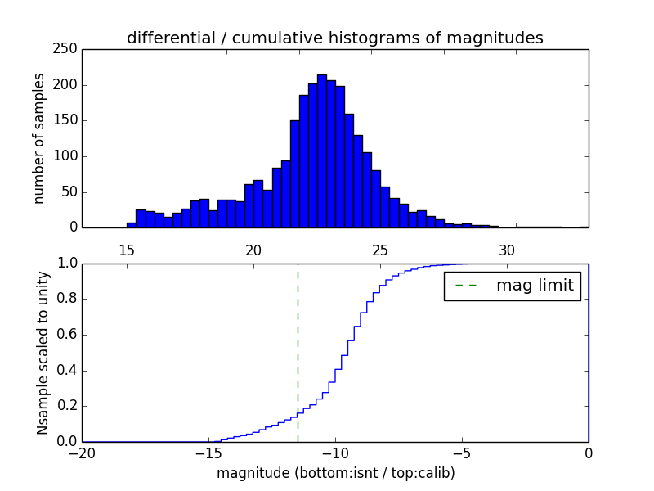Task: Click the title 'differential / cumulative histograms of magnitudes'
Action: click(334, 38)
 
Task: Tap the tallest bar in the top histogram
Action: click(321, 151)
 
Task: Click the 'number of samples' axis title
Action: click(39, 138)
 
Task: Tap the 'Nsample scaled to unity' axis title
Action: click(43, 353)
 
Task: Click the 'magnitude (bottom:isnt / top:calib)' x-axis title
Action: click(335, 473)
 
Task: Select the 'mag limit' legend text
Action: click(535, 286)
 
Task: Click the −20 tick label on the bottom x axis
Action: click(82, 454)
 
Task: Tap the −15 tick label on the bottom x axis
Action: click(208, 454)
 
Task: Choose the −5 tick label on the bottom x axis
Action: click(462, 454)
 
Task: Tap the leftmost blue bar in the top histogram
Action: click(131, 225)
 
